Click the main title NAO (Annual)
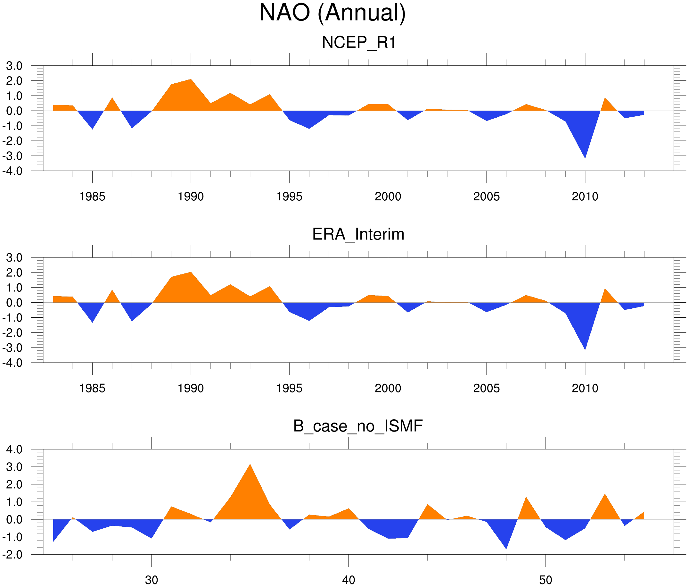tap(332, 13)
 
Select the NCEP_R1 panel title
tap(359, 42)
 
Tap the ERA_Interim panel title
tap(358, 234)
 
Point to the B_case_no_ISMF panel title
tap(358, 426)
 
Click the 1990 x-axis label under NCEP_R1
tap(191, 196)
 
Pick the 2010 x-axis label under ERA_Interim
tap(585, 388)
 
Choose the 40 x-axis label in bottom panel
tap(349, 580)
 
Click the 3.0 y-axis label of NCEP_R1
tap(14, 66)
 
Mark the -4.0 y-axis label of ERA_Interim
tap(12, 363)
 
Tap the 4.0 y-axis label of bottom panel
tap(14, 449)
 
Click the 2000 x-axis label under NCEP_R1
tap(388, 196)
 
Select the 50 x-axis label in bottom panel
tap(546, 580)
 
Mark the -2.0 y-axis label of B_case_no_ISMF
tap(12, 555)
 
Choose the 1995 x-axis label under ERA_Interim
tap(289, 388)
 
